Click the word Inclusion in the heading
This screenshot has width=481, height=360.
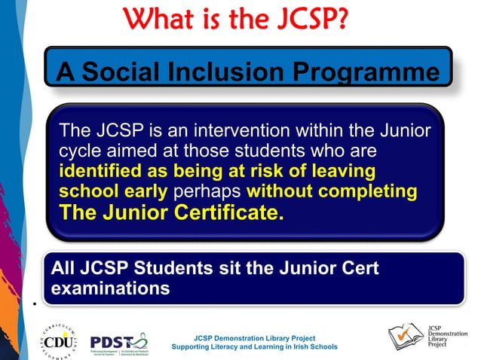coord(243,72)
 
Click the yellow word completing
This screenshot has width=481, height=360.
coord(371,191)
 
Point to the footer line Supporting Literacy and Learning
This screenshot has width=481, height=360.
coord(254,347)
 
